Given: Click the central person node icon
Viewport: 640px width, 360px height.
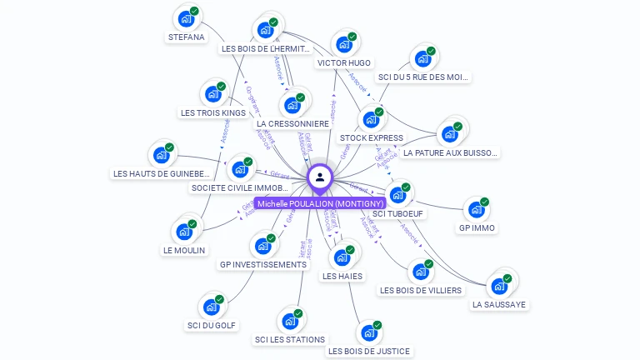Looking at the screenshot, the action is click(x=320, y=177).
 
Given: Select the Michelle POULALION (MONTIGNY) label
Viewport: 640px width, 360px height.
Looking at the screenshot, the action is click(x=320, y=203).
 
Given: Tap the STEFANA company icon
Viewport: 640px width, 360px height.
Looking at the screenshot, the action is click(x=186, y=19).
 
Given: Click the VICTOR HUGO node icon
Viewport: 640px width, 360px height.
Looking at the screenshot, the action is click(x=343, y=45).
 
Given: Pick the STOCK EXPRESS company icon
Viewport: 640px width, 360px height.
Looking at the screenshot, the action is click(x=371, y=120).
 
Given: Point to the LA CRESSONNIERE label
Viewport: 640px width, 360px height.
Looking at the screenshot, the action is click(x=292, y=124).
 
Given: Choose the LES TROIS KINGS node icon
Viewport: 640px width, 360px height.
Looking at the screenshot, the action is click(x=212, y=94).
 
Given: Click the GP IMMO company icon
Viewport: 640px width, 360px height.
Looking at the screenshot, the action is click(x=476, y=210).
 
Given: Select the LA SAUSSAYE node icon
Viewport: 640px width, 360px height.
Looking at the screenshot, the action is click(x=499, y=286).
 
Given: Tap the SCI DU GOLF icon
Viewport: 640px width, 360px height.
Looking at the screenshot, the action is click(x=211, y=307).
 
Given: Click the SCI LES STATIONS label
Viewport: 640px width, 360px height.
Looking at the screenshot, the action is click(x=290, y=339).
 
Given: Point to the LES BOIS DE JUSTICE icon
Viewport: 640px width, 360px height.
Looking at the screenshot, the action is click(x=368, y=333).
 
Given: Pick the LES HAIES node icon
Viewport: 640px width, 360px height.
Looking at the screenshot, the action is click(x=342, y=257).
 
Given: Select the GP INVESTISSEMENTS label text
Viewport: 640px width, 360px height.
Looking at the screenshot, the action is click(x=262, y=265).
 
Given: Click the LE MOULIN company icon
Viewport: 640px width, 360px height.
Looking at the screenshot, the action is click(x=184, y=232).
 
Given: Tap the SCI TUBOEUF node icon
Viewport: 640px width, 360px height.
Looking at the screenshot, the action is click(x=397, y=195).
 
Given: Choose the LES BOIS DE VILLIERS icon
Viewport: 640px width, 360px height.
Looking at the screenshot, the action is click(x=420, y=272).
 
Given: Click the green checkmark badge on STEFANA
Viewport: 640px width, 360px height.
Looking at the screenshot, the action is click(x=194, y=12).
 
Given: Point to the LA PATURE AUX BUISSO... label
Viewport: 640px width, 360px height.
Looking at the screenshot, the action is click(x=450, y=153).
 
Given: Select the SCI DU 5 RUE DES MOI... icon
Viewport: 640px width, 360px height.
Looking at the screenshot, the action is click(x=422, y=59).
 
